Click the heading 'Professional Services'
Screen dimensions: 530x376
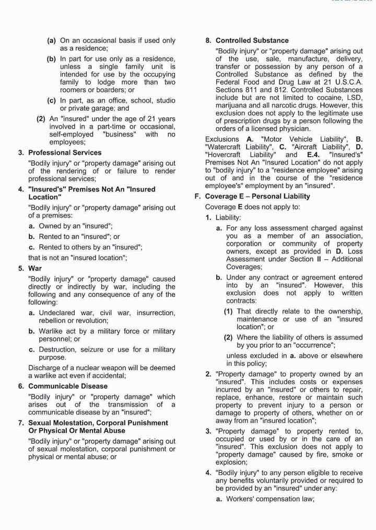pyautogui.click(x=65, y=153)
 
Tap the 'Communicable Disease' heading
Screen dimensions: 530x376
pyautogui.click(x=68, y=386)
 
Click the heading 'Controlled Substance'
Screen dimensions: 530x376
pyautogui.click(x=252, y=40)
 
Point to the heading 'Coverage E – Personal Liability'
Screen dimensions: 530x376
pyautogui.click(x=257, y=197)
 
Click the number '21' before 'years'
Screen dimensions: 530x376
pyautogui.click(x=144, y=119)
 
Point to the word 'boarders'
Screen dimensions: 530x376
pyautogui.click(x=103, y=90)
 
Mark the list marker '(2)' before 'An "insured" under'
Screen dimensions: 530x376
pyautogui.click(x=41, y=119)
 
